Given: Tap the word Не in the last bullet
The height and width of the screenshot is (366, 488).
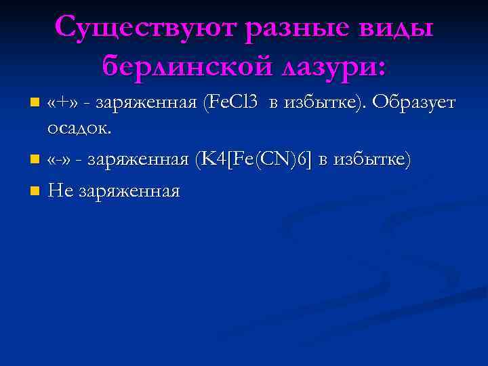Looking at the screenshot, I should pos(61,190).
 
